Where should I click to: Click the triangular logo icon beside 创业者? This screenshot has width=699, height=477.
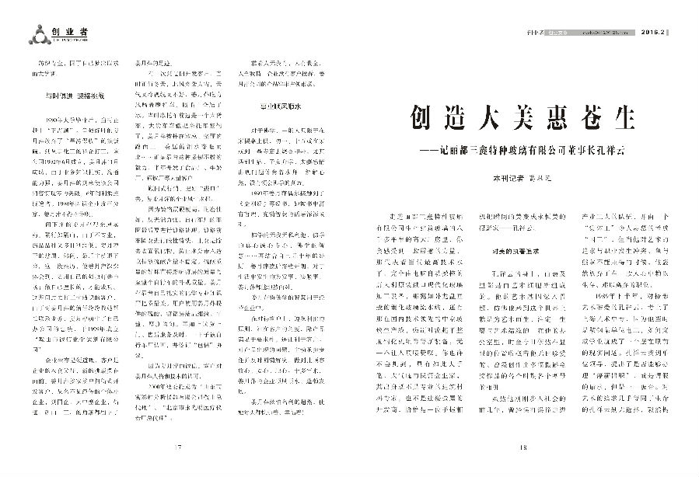coord(35,33)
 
